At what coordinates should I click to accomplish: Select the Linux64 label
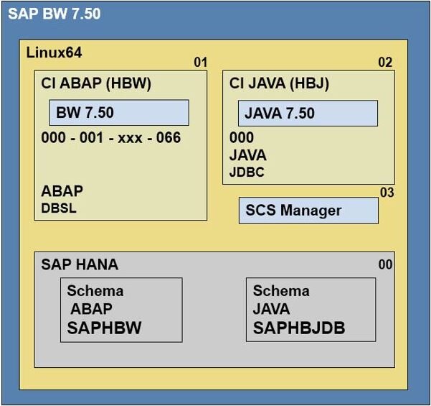click(54, 52)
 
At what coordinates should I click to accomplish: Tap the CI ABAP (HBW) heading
click(96, 83)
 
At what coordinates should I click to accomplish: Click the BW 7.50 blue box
click(118, 113)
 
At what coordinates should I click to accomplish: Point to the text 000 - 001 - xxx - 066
click(110, 137)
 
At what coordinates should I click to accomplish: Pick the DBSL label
click(59, 208)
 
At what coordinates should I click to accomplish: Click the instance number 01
click(200, 63)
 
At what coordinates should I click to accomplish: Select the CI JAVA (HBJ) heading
click(279, 83)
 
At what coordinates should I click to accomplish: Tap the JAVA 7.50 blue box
click(308, 113)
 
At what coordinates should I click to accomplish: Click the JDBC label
click(247, 172)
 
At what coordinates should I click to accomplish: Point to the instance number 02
click(385, 63)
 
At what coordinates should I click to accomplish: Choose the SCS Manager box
click(308, 211)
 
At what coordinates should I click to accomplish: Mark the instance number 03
click(387, 193)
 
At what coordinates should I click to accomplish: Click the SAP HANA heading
click(80, 264)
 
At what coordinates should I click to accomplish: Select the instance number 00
click(385, 265)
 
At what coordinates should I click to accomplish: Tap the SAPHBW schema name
click(105, 328)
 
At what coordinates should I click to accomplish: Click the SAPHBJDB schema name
click(299, 328)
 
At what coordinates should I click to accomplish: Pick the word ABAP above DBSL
click(62, 191)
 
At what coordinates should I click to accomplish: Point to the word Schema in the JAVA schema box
click(281, 291)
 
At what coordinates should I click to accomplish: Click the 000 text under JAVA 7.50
click(242, 138)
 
